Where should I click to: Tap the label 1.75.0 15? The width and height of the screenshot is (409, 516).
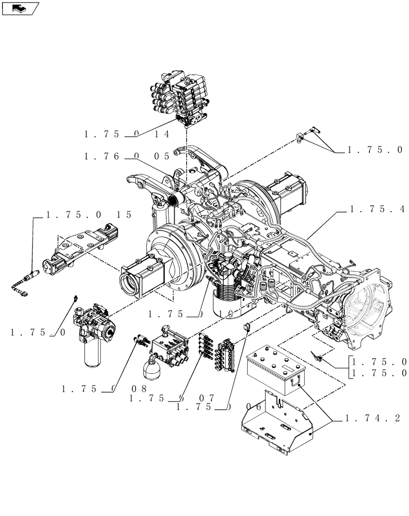pos(89,215)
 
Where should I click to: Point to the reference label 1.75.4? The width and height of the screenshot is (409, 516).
pos(374,209)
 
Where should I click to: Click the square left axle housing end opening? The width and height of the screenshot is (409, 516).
pos(129,283)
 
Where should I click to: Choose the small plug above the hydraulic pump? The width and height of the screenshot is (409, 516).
pos(76,298)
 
